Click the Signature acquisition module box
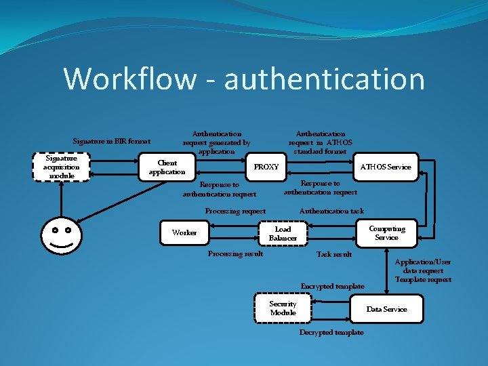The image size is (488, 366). (62, 167)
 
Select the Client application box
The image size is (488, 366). (167, 167)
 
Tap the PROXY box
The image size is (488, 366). (266, 167)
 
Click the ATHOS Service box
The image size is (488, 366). (386, 167)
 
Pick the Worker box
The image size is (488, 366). (184, 232)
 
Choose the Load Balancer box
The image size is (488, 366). (283, 233)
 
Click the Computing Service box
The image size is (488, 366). (386, 232)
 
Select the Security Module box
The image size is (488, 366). (283, 308)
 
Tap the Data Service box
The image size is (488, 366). (386, 309)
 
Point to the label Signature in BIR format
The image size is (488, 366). (111, 141)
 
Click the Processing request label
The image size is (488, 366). (235, 211)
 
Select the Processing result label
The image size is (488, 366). (235, 253)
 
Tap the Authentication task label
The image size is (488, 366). (331, 211)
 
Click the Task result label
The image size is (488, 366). (334, 254)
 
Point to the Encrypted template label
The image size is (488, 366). (332, 286)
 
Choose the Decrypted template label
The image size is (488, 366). (331, 332)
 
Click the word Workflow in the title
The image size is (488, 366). (129, 79)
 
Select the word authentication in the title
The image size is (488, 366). (324, 79)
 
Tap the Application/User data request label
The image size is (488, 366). (423, 266)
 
